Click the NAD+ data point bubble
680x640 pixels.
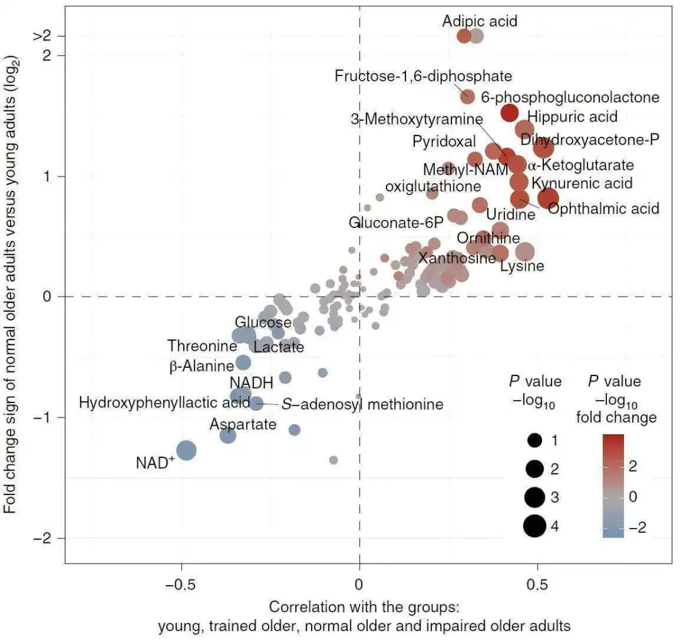186,450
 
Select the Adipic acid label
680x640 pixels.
480,21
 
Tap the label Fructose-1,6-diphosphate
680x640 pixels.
423,76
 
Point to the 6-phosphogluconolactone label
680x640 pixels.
570,97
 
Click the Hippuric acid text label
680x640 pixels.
572,117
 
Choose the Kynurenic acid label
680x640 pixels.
582,183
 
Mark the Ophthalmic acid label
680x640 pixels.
603,208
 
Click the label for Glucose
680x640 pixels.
263,323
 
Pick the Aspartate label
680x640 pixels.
243,424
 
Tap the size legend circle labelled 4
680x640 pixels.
535,525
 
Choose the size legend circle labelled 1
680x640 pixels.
535,440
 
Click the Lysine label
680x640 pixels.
522,266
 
